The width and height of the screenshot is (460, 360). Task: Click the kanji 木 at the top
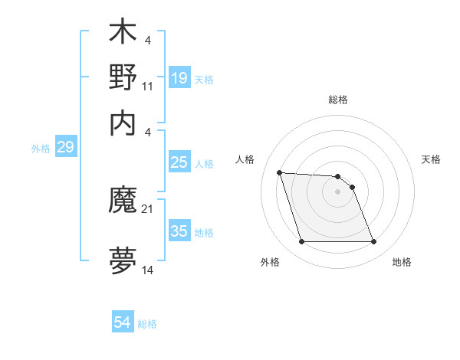[123, 34]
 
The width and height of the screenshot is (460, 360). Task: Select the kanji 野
[123, 77]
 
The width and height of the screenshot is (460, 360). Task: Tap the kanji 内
[123, 122]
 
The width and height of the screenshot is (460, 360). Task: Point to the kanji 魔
[123, 202]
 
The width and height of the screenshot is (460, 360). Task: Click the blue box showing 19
[179, 78]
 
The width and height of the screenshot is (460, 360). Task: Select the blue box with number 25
[179, 162]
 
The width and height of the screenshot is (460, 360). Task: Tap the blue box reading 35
[179, 231]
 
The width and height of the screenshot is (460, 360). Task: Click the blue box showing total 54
[123, 323]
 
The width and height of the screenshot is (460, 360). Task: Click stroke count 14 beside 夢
[148, 271]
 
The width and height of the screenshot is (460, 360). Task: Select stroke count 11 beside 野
[148, 86]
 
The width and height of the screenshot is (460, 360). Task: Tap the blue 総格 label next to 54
[147, 324]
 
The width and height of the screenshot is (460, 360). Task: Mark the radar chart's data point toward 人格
[280, 172]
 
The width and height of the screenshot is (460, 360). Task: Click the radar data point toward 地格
[373, 242]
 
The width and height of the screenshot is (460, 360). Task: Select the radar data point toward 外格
[301, 242]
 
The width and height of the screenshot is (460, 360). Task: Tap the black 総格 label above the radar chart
[337, 100]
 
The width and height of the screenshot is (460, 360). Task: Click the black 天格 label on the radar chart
[432, 159]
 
